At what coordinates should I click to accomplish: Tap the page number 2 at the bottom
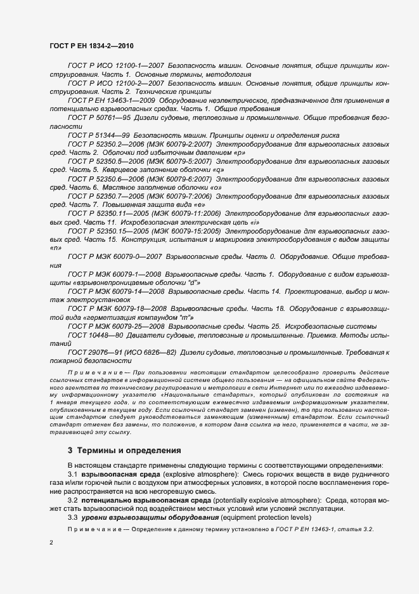[x=52, y=544]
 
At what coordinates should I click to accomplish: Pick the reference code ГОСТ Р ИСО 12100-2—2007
[x=117, y=84]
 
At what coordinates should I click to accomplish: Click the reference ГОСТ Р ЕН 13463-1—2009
[x=114, y=101]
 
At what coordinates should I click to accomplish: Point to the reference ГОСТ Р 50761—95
[x=99, y=118]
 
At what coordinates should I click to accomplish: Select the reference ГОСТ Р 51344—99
[x=99, y=136]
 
